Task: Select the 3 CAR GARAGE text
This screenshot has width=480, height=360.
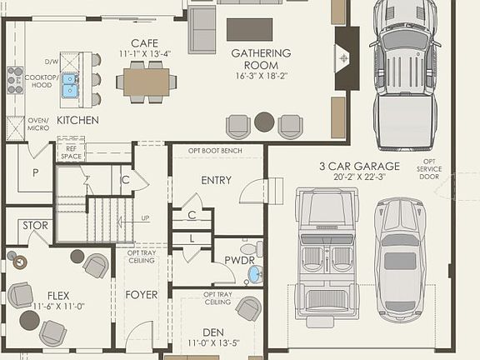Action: [x=359, y=167]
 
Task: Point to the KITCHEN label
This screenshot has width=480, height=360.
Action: [x=78, y=121]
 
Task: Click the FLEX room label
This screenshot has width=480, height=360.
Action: [x=57, y=295]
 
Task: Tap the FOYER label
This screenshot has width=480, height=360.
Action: [x=142, y=295]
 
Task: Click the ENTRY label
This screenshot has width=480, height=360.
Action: [x=217, y=180]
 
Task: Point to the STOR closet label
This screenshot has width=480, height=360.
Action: [x=35, y=225]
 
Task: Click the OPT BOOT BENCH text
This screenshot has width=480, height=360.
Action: [x=216, y=150]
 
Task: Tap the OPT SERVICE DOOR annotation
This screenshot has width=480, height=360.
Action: [x=429, y=168]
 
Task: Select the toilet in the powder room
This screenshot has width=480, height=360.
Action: [x=249, y=248]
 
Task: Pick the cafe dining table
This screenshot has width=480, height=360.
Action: [x=146, y=80]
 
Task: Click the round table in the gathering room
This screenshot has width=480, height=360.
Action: [x=264, y=122]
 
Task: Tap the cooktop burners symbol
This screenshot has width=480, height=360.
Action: [x=15, y=79]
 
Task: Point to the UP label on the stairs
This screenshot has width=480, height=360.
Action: [x=146, y=218]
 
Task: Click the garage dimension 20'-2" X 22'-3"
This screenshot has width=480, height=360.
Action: [x=359, y=177]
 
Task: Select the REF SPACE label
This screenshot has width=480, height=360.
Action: [x=71, y=152]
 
